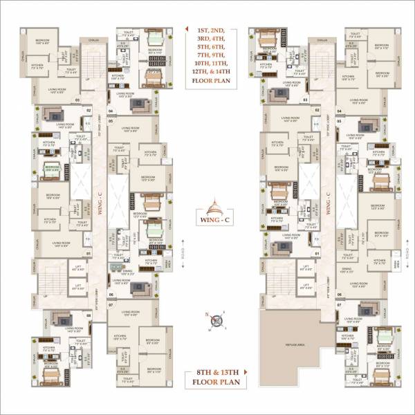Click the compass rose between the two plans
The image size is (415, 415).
pos(216,320)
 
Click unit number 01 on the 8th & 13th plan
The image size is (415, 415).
pos(316,253)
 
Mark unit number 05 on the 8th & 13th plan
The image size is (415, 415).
pos(339,121)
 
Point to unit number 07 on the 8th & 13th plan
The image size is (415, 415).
pos(339,305)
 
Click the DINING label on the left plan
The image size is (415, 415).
pos(125,270)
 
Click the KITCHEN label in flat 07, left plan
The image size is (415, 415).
pos(119,335)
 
